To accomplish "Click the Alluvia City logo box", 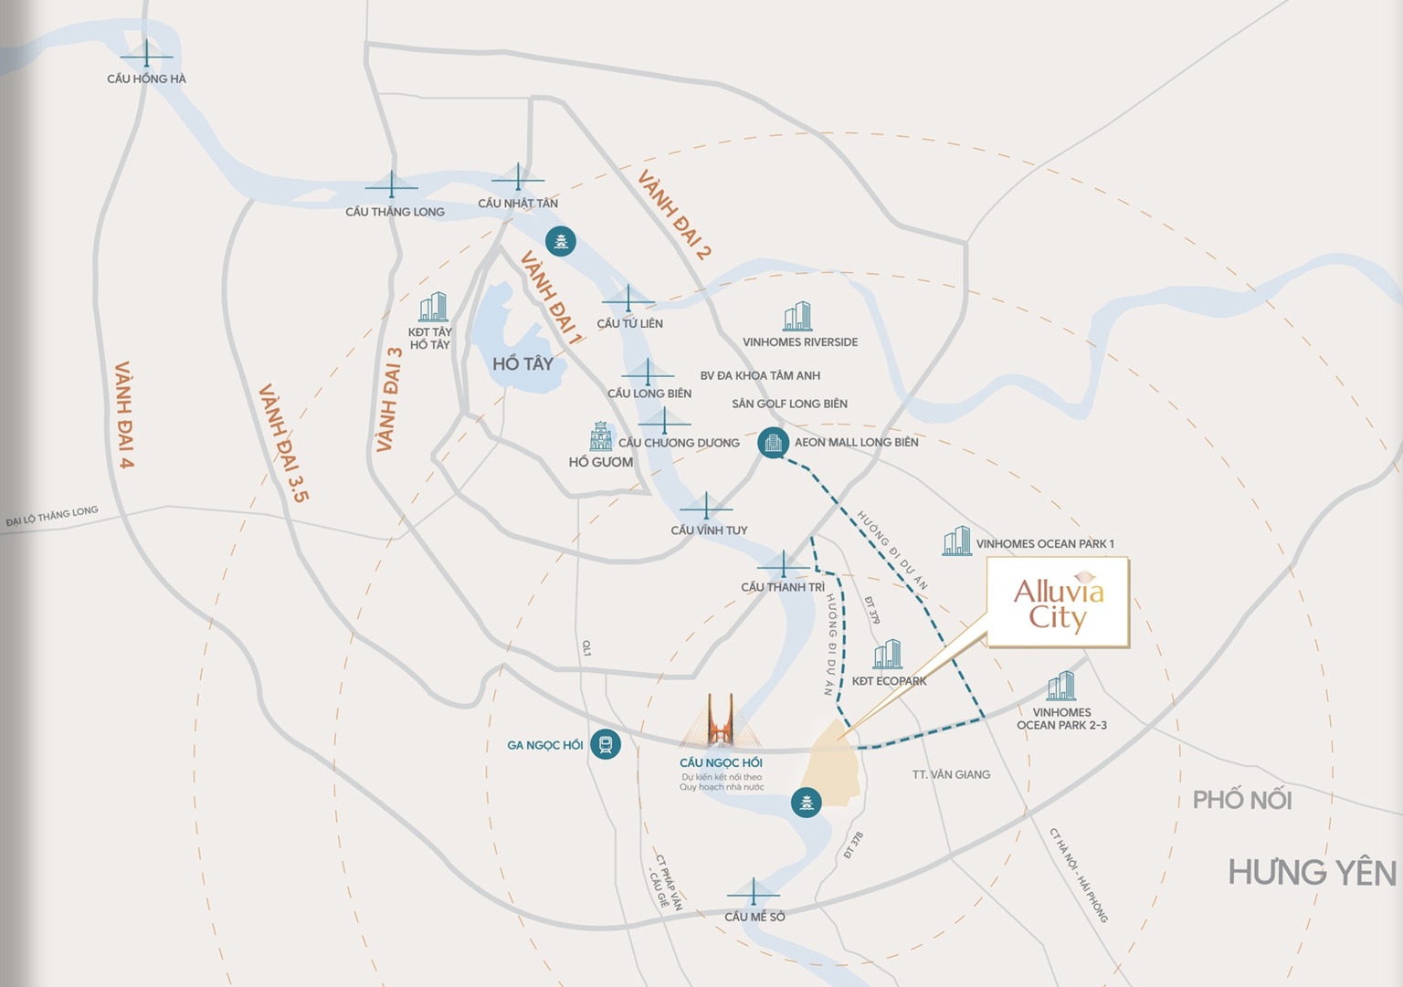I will tap(1058, 603).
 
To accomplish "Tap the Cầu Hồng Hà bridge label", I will tap(146, 79).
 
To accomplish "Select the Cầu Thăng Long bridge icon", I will tap(392, 185).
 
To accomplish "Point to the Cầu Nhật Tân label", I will tap(518, 204).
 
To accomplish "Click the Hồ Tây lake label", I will tap(522, 363).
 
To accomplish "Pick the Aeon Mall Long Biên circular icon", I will tap(773, 443).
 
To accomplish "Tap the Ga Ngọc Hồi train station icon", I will tap(606, 744).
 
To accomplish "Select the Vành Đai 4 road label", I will tap(124, 415).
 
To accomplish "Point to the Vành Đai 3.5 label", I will tap(284, 444).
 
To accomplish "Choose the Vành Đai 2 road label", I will tap(674, 215).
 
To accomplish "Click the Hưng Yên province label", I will tap(1312, 873).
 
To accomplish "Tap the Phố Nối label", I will tap(1242, 801).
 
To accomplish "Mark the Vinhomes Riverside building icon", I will tap(797, 316).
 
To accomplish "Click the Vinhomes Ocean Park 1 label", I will tap(1045, 544).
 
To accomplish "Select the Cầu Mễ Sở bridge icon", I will tap(754, 892).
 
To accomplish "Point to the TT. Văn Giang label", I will tap(951, 774).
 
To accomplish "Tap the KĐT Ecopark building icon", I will tap(887, 655).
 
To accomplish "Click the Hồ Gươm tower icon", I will tap(600, 436).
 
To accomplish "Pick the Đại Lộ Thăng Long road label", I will tap(52, 517).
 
